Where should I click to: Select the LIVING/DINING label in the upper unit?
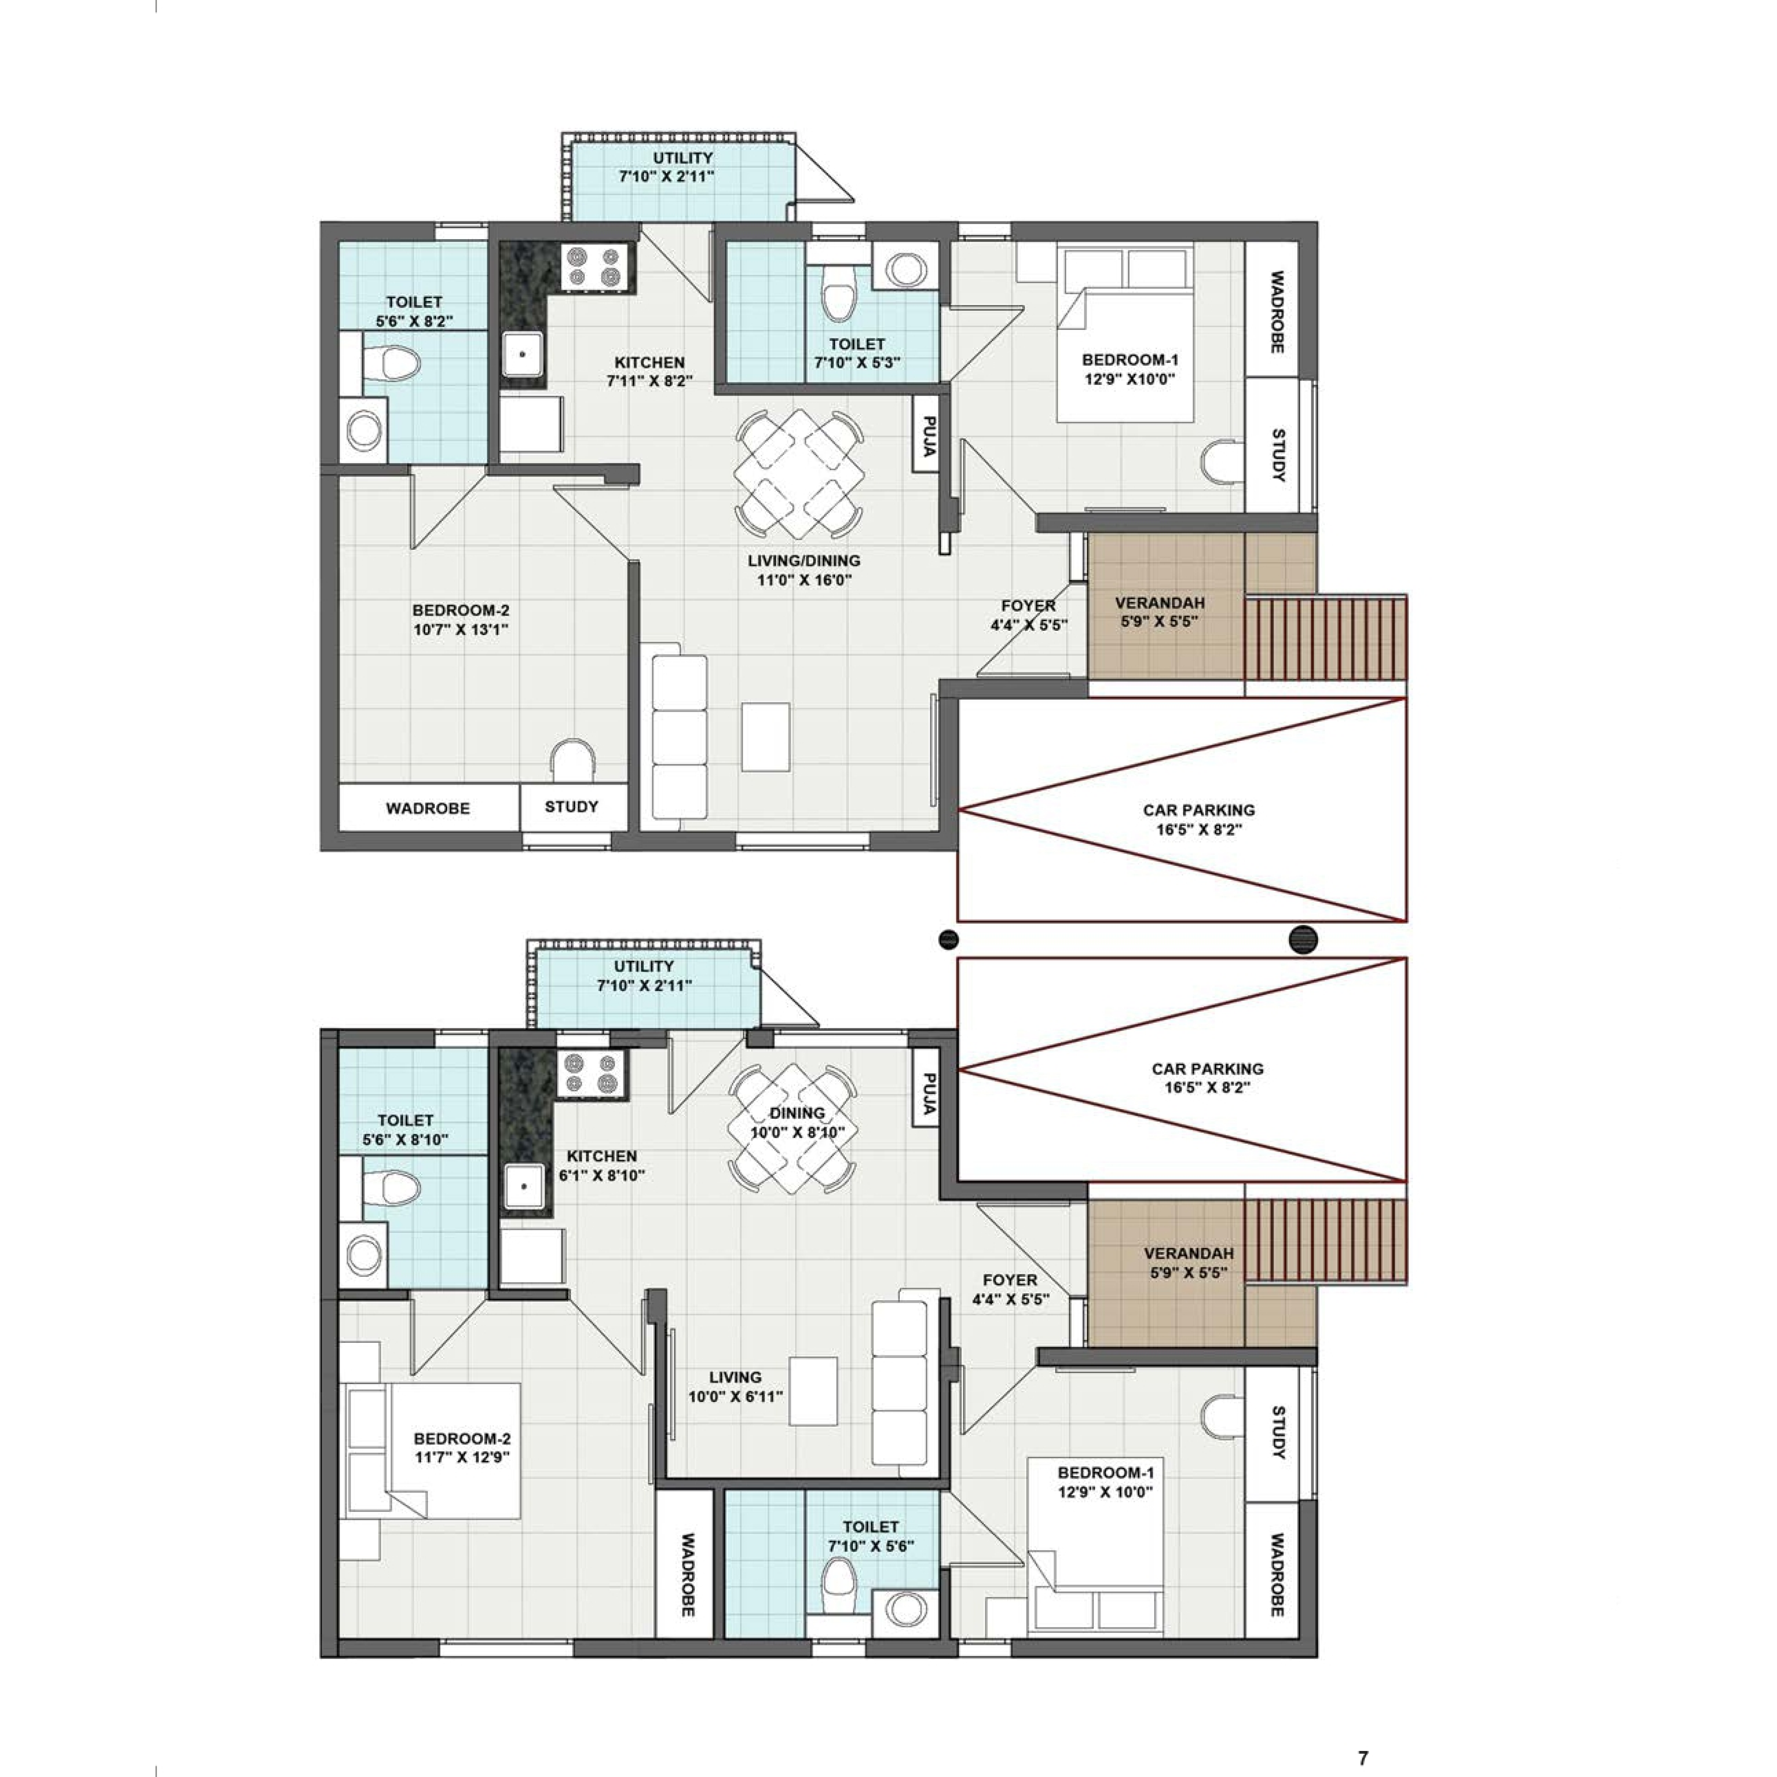point(804,560)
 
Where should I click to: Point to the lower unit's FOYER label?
point(1010,1280)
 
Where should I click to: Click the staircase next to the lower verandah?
point(1325,1240)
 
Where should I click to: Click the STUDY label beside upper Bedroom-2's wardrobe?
point(571,807)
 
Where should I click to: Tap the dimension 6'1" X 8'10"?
point(602,1175)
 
